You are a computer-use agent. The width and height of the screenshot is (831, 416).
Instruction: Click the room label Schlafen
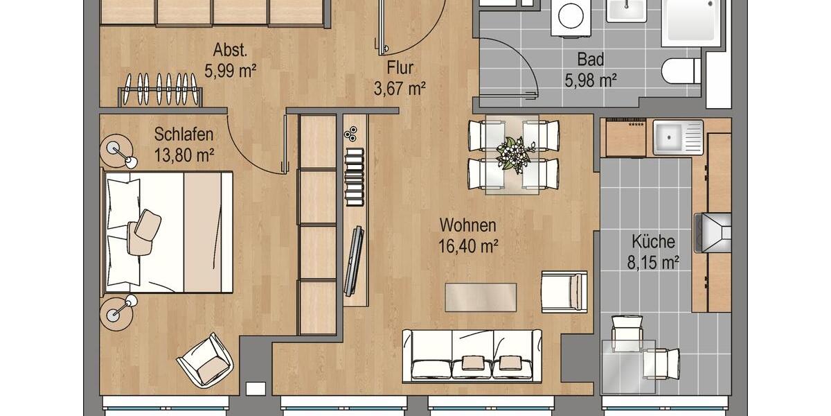tap(184, 134)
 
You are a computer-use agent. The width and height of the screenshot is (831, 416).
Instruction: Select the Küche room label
tap(653, 242)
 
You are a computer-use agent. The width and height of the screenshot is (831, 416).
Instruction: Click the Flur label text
tap(400, 68)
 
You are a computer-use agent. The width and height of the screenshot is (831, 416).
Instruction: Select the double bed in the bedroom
tap(168, 231)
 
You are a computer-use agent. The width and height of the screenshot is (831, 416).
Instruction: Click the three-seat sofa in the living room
tap(472, 354)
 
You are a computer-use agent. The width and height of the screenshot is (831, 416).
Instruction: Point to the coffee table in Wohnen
tap(481, 297)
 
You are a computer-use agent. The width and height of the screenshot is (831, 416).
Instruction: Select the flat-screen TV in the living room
tap(355, 259)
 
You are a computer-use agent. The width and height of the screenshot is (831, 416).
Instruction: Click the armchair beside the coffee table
tap(564, 291)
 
